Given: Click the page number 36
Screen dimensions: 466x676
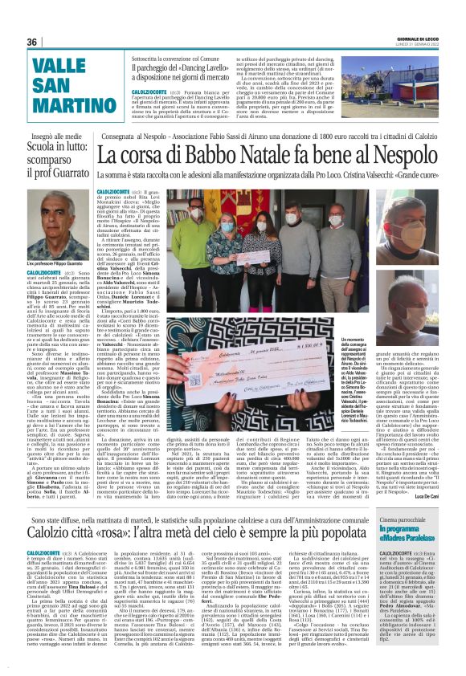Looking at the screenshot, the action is pyautogui.click(x=32, y=42).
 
